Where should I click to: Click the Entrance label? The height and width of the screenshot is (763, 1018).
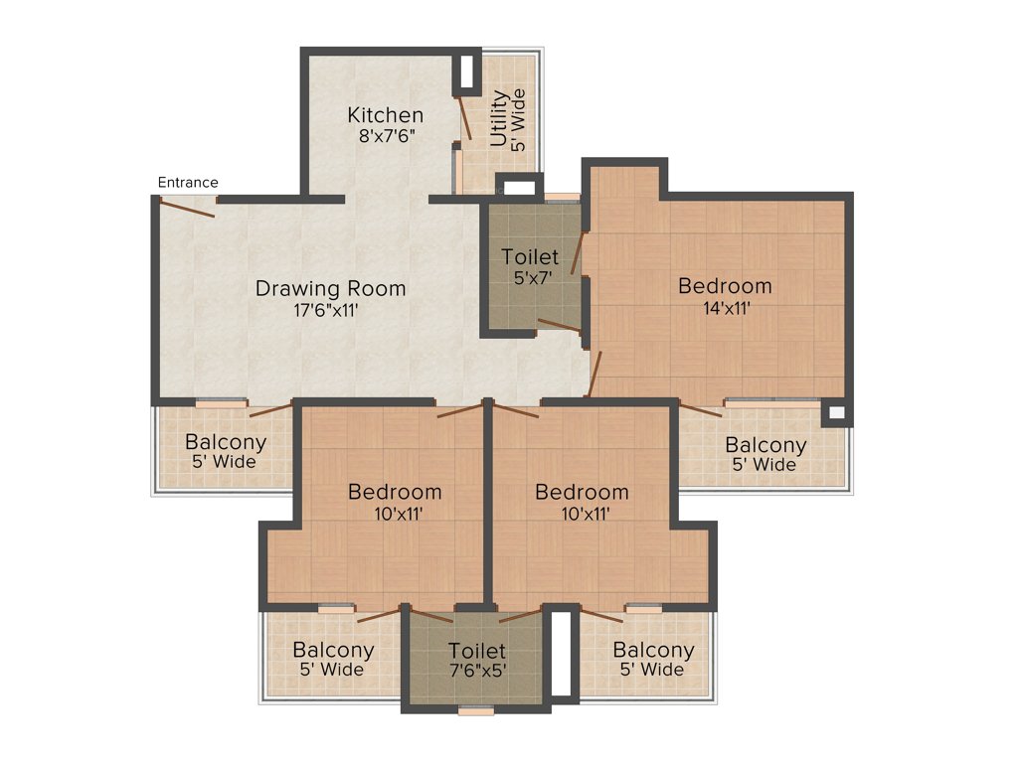(x=188, y=182)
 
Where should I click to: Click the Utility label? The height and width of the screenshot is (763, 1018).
(x=499, y=118)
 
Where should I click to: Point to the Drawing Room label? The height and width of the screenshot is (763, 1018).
(x=330, y=289)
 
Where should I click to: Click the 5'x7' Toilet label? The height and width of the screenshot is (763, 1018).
(x=530, y=257)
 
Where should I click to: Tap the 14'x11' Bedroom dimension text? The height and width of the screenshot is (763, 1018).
(x=725, y=308)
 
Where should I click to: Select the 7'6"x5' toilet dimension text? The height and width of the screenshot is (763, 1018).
(x=477, y=671)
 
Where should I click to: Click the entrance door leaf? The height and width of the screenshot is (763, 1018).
(x=186, y=207)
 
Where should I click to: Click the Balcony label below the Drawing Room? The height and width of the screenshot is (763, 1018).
(x=226, y=442)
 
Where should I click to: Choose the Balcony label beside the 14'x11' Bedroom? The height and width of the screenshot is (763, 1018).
(x=764, y=445)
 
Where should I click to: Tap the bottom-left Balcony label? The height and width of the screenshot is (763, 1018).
(x=333, y=650)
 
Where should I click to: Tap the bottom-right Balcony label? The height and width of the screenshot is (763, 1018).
(x=653, y=650)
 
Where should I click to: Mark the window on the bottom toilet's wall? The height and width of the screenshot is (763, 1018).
(x=477, y=709)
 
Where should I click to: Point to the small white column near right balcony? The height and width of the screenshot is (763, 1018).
(x=836, y=411)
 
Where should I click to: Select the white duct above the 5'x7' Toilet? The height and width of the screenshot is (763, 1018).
(x=519, y=186)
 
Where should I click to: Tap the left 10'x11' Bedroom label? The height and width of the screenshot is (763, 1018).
(x=395, y=492)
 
